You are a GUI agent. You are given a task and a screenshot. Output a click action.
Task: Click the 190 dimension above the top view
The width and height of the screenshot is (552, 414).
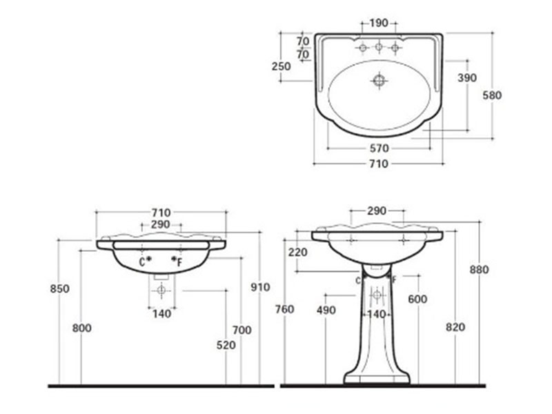(x=378, y=23)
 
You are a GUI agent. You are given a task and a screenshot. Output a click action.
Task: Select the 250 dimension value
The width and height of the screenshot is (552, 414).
(x=281, y=66)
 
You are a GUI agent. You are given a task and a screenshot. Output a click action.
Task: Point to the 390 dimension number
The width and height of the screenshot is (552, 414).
(x=467, y=78)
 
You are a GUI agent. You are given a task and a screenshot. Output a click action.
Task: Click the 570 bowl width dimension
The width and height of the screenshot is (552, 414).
(x=379, y=148)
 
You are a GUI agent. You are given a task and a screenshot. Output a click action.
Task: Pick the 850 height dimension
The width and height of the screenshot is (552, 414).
(x=60, y=288)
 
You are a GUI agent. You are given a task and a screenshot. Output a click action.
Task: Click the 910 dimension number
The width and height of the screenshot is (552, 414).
(x=260, y=287)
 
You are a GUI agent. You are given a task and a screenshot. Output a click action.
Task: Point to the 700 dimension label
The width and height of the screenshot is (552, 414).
(x=241, y=331)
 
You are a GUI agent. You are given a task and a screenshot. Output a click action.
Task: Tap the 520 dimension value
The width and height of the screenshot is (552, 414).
(x=226, y=344)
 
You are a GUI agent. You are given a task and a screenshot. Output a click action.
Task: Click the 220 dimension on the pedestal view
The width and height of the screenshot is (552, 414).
(x=299, y=253)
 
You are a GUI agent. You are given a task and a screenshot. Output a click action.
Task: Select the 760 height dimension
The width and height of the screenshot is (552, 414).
(x=284, y=310)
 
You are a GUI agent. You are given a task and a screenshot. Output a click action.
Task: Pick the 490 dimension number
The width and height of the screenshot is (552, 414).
(x=326, y=310)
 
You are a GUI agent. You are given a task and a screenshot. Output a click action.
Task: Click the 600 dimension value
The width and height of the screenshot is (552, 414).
(x=417, y=299)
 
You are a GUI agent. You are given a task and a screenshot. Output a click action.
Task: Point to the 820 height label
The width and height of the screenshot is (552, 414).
(x=455, y=327)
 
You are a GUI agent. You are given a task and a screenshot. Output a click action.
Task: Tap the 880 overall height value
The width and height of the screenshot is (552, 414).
(x=479, y=270)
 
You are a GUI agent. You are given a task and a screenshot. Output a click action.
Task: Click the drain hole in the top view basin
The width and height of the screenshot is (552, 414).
(x=379, y=80)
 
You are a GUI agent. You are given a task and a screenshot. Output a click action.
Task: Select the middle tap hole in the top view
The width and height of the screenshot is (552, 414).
(x=379, y=48)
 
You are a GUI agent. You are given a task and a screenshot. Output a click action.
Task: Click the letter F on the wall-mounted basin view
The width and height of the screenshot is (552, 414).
(x=180, y=262)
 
